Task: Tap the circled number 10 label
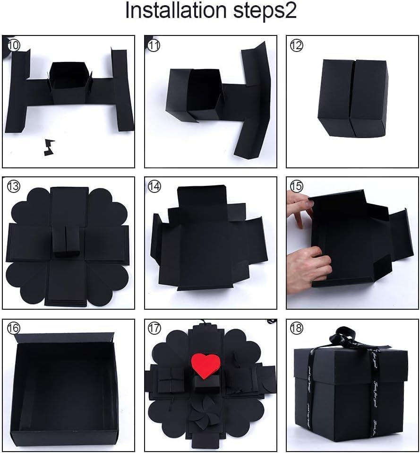[14, 45]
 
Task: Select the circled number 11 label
[154, 45]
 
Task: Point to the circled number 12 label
[297, 45]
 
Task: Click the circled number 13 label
[14, 187]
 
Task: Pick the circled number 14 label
[154, 187]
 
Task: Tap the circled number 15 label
[297, 186]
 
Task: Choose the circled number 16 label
[14, 327]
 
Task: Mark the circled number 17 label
[154, 327]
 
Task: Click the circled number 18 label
[297, 327]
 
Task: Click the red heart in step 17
[206, 365]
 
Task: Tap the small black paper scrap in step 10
[49, 147]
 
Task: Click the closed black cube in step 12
[352, 98]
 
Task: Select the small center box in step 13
[66, 241]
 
